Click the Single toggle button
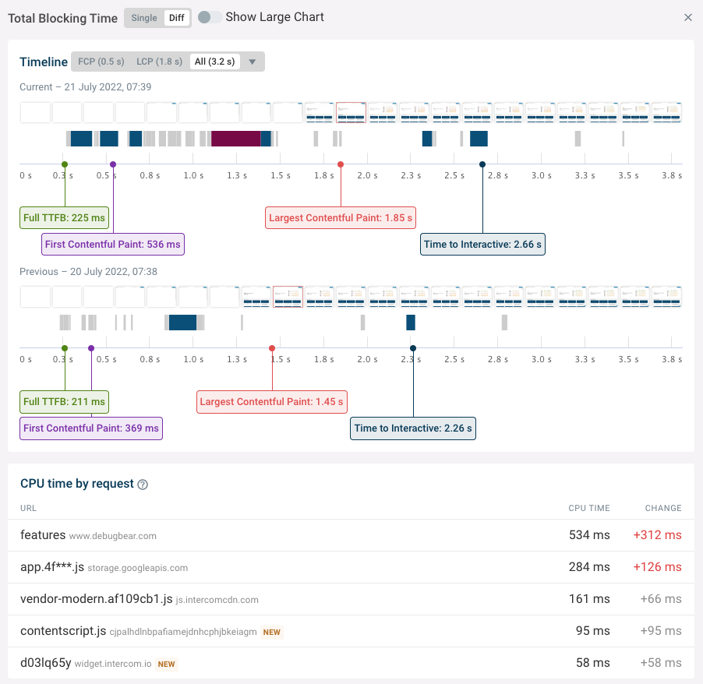point(144,18)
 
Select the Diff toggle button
point(177,18)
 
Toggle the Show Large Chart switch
point(209,17)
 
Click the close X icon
point(687,18)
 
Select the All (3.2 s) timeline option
point(215,62)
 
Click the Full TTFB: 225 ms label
point(64,218)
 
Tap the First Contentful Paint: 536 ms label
point(113,245)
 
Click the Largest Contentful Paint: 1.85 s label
point(341,218)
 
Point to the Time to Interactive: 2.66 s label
point(482,245)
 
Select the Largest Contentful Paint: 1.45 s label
point(272,402)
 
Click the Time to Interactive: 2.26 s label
point(413,428)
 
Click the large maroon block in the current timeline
point(235,139)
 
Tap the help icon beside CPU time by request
point(143,485)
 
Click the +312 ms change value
point(658,535)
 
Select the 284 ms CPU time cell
point(589,567)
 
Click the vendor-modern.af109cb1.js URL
point(97,599)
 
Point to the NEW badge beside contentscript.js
point(271,632)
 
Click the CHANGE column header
point(663,508)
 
